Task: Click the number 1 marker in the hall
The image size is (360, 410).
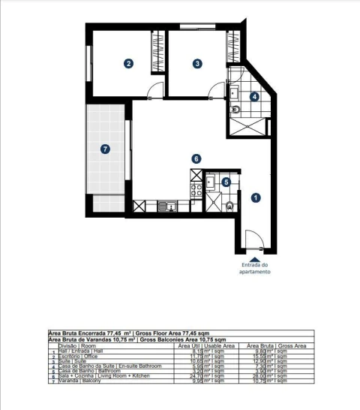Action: [256, 197]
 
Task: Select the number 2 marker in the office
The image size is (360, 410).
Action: [129, 64]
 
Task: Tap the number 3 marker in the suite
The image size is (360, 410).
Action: [197, 64]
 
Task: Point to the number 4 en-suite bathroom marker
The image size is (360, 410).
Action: [254, 96]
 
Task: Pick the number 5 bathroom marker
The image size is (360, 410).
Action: [226, 181]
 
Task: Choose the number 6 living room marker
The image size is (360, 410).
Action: [196, 158]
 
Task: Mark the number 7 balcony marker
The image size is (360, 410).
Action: [106, 149]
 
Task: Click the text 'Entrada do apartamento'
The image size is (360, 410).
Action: [256, 268]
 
